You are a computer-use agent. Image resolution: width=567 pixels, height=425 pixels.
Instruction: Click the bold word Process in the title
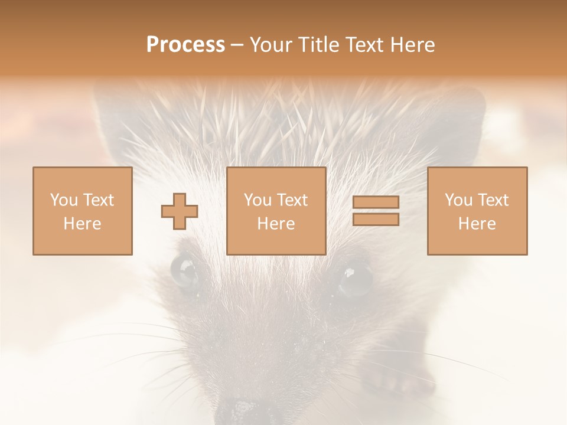pos(185,44)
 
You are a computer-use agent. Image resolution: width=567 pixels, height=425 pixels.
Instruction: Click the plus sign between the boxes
pos(180,211)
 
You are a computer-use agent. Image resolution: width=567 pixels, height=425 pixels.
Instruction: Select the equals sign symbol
pos(376,211)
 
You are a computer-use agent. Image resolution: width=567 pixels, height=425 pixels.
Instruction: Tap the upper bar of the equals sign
pos(376,202)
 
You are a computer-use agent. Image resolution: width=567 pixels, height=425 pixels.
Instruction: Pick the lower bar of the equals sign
pos(376,220)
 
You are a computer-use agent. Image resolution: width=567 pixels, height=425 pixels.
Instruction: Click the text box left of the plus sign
pos(82,211)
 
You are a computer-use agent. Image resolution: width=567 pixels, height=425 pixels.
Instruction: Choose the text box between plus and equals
pos(276,211)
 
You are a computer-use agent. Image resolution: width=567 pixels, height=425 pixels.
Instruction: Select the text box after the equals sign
pos(477,211)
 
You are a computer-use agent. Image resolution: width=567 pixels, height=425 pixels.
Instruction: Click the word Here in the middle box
pos(276,224)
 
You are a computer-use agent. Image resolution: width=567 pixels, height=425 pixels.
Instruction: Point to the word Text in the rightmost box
pos(493,200)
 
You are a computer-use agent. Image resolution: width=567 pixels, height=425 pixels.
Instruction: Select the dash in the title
pos(237,44)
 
